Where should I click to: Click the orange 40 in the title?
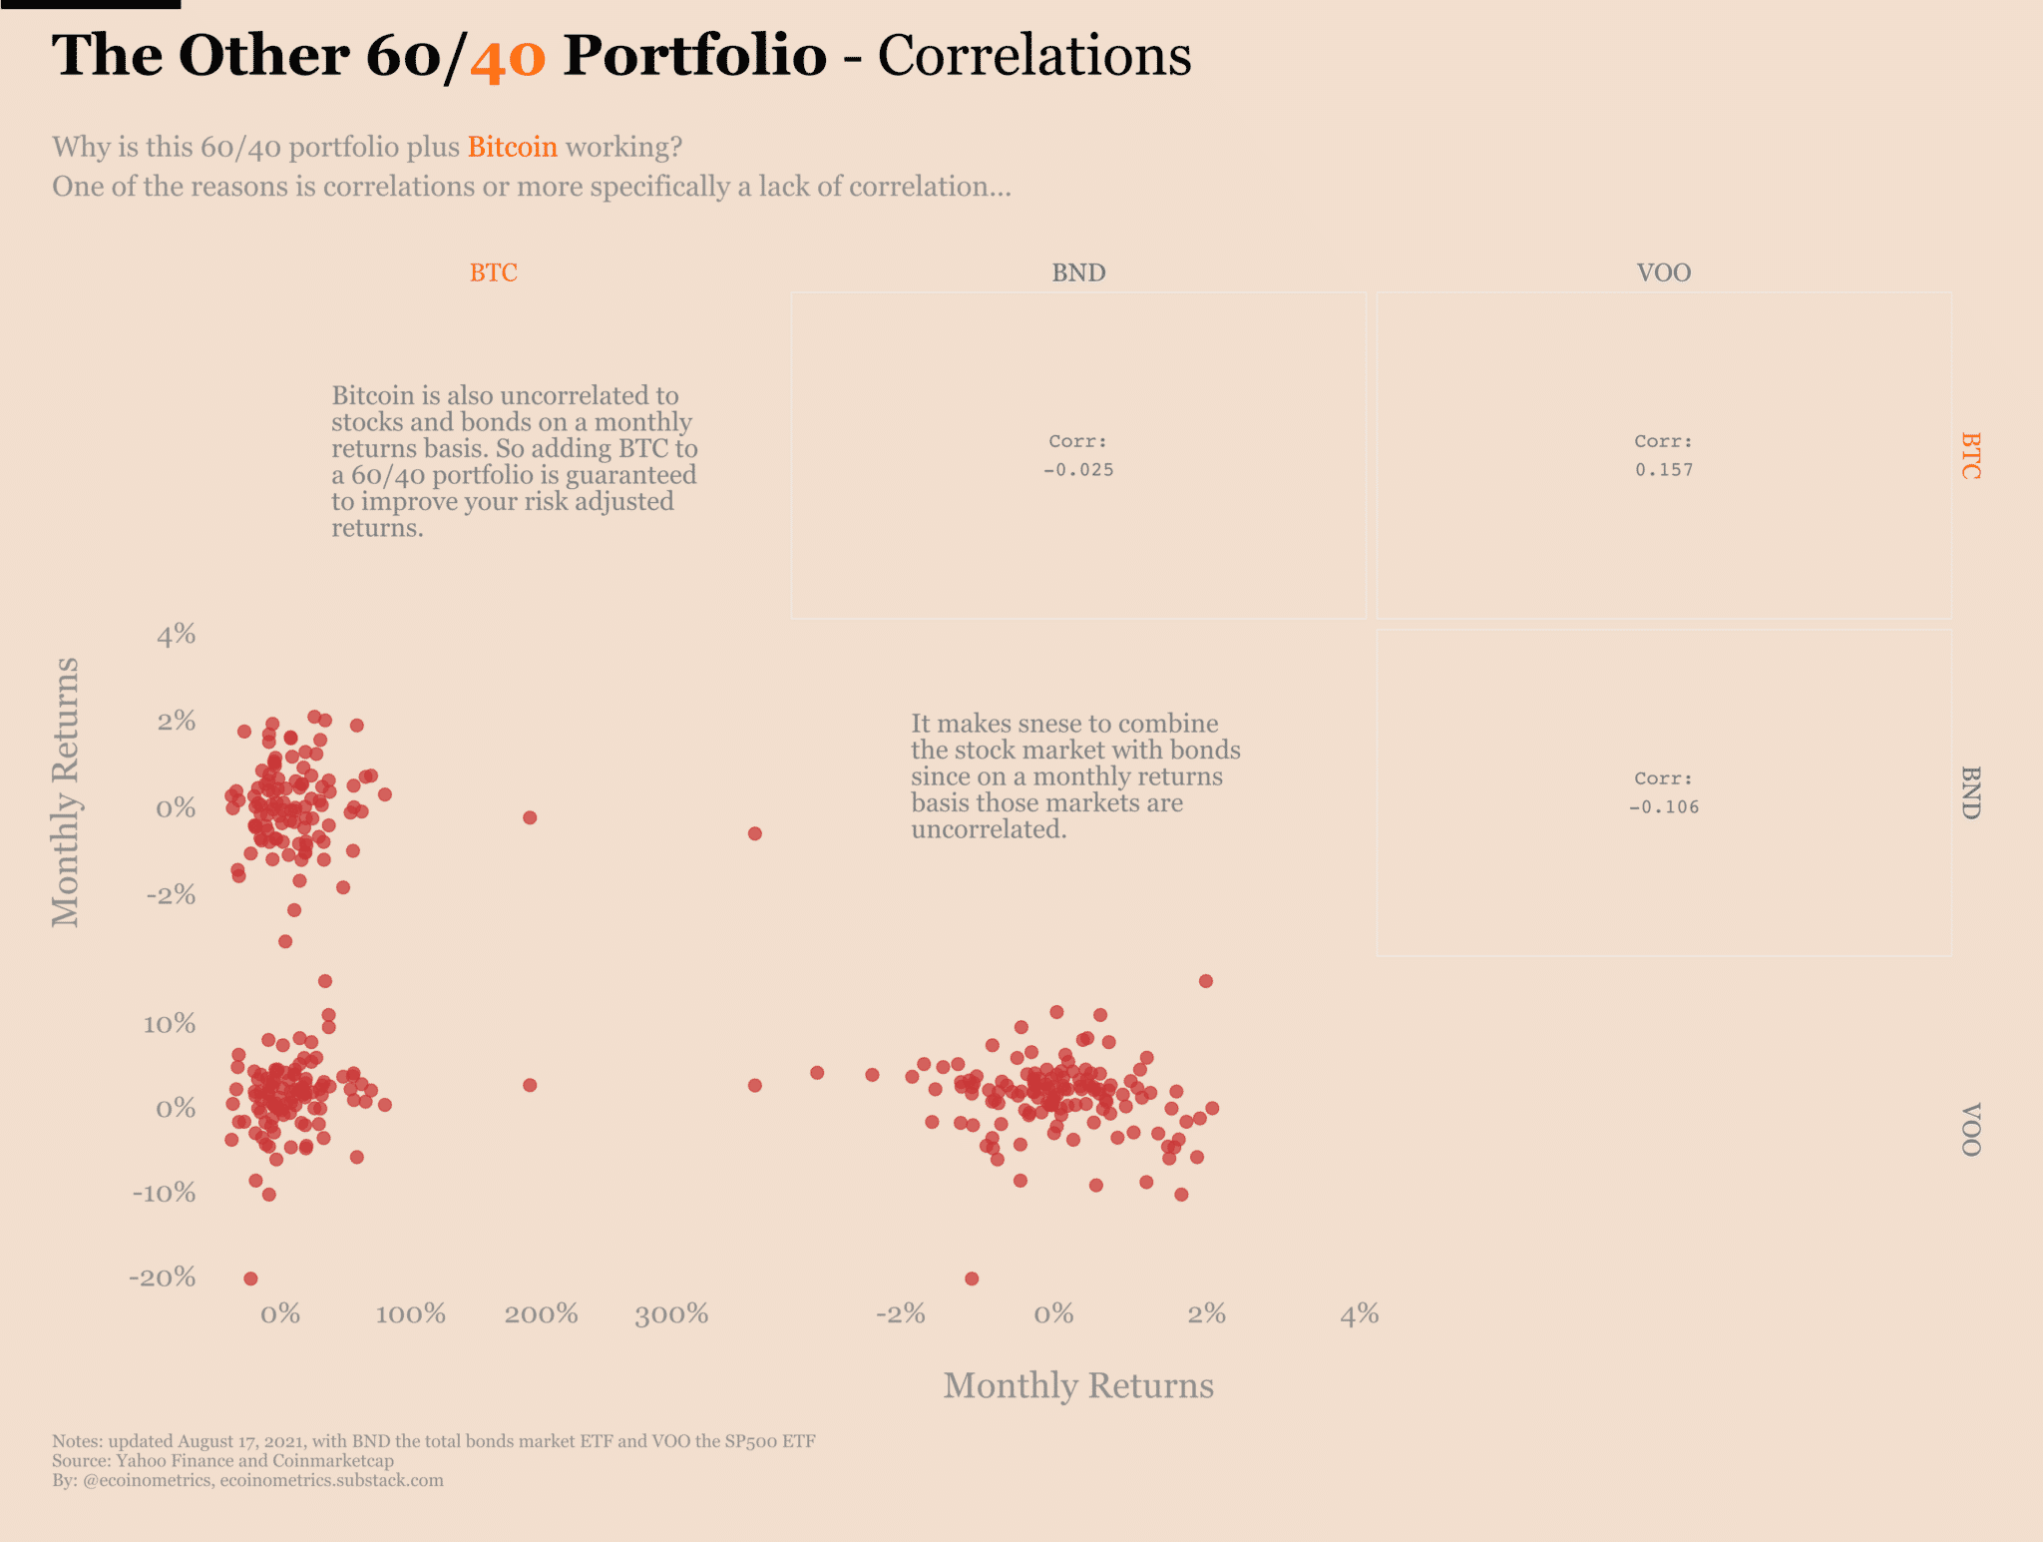coord(508,58)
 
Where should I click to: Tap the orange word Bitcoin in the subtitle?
coord(512,147)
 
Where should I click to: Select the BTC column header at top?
coord(493,272)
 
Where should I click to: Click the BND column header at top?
coord(1078,272)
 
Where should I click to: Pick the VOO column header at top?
coord(1663,272)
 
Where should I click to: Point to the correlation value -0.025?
coord(1078,470)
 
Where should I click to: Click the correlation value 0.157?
coord(1663,470)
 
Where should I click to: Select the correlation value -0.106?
coord(1663,807)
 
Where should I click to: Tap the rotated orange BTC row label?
coord(1970,456)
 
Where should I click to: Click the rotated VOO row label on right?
coord(1970,1130)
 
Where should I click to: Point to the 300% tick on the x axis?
coord(671,1314)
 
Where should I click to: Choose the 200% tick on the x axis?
coord(541,1314)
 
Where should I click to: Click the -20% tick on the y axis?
coord(163,1278)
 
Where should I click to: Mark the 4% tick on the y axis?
coord(176,635)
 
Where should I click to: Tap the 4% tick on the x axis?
coord(1359,1314)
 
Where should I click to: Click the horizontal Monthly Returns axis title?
coord(1078,1385)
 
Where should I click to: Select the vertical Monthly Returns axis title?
coord(66,791)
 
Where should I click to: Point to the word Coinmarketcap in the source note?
coord(333,1461)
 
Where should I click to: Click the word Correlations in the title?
coord(1033,56)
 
